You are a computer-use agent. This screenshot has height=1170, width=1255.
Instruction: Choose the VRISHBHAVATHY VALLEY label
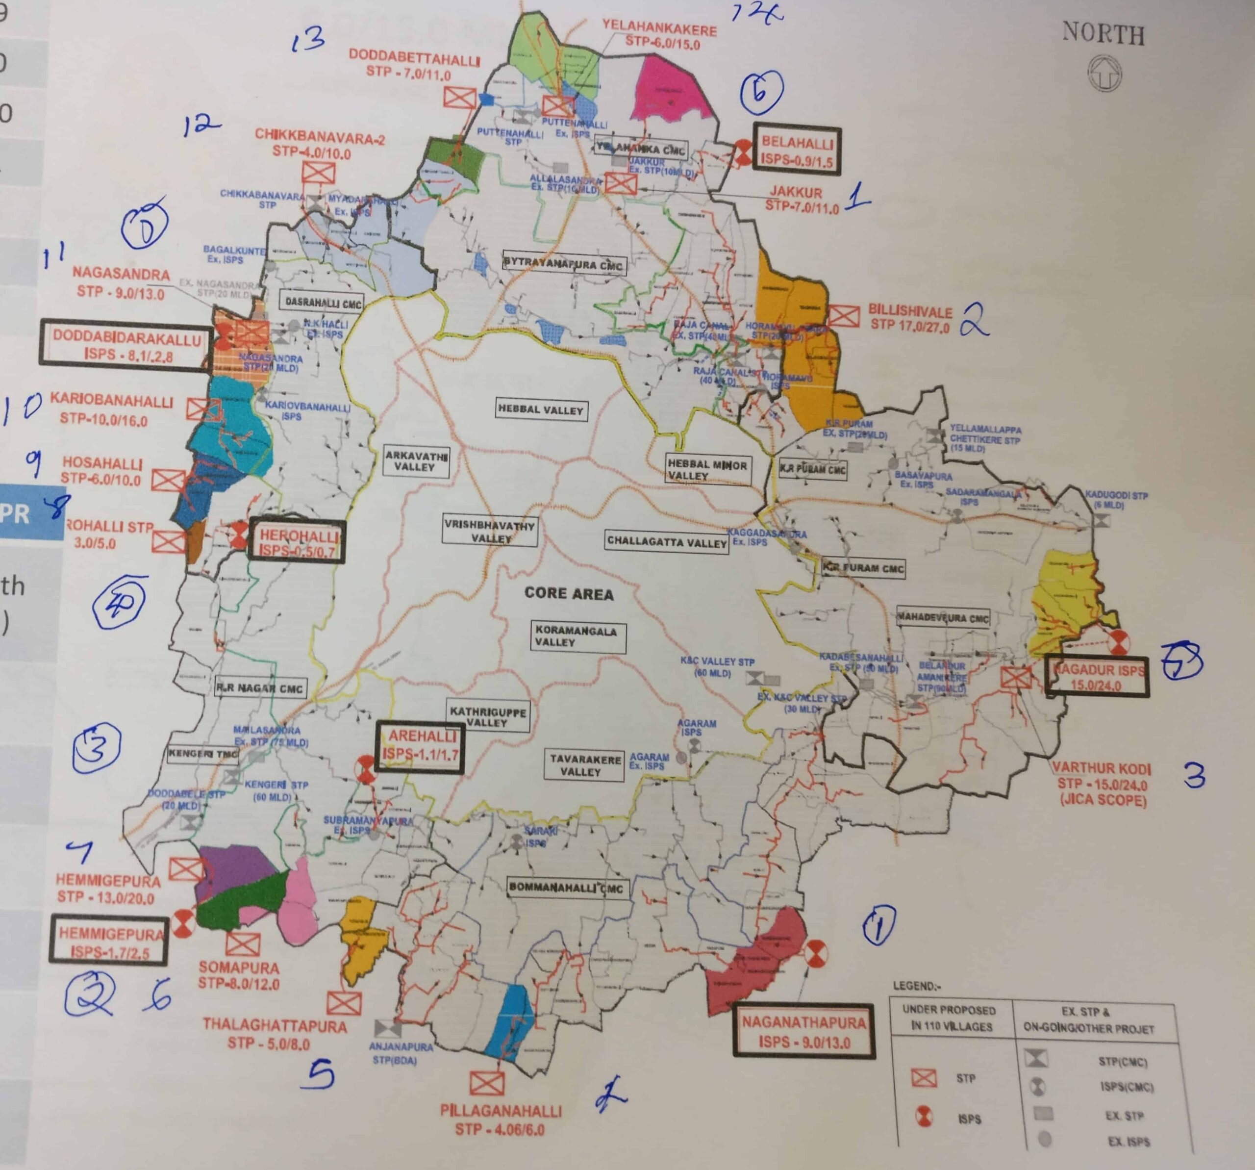tap(490, 532)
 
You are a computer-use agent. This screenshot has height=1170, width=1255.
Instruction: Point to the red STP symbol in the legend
tap(924, 1078)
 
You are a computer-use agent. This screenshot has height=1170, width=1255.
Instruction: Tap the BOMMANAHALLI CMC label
tap(566, 887)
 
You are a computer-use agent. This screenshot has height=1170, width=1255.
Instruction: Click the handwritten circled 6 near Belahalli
tap(761, 92)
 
